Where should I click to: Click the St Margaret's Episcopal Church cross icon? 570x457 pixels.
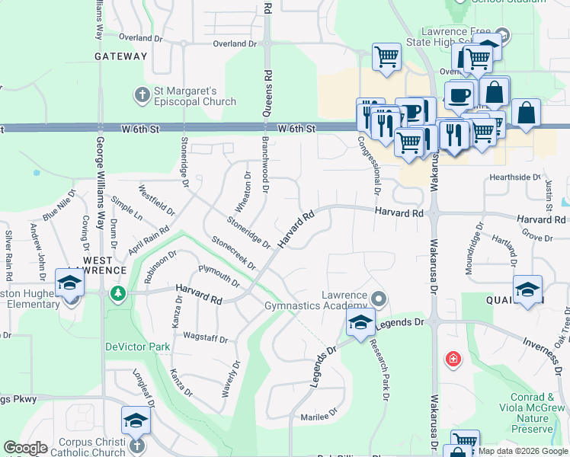click(x=141, y=94)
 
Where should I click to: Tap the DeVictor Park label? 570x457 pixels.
click(x=137, y=347)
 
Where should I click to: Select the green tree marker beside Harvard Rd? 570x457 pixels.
click(x=117, y=293)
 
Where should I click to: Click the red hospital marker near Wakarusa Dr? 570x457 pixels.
click(x=453, y=359)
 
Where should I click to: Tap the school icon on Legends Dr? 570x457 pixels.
click(x=360, y=321)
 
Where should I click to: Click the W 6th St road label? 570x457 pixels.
click(x=296, y=129)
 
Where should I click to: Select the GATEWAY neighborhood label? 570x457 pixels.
click(x=121, y=56)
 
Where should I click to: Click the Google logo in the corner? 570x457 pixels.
click(x=26, y=448)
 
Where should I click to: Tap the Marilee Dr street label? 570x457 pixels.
click(x=319, y=416)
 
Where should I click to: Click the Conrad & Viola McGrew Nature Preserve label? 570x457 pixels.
click(x=543, y=413)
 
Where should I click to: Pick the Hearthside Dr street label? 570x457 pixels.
click(x=515, y=177)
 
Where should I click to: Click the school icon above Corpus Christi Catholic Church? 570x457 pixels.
click(x=136, y=420)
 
